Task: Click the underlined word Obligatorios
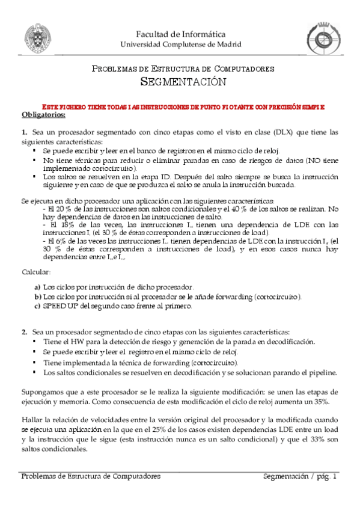[43, 114]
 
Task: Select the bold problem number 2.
[24, 332]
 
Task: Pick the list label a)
[38, 287]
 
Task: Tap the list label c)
[38, 306]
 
